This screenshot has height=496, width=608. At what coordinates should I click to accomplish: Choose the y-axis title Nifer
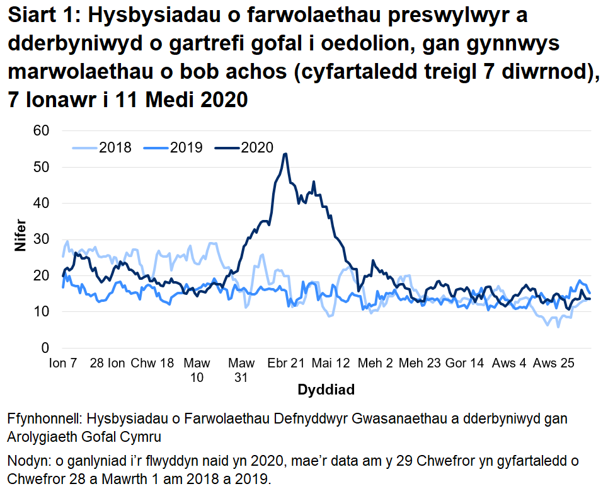pyautogui.click(x=20, y=239)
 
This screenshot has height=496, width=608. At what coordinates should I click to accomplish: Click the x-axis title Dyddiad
pyautogui.click(x=326, y=389)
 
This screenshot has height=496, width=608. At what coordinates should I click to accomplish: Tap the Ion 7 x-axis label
pyautogui.click(x=63, y=364)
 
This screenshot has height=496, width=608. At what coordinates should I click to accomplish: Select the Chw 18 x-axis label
pyautogui.click(x=152, y=364)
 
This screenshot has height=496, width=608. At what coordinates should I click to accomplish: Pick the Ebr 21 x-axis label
pyautogui.click(x=286, y=364)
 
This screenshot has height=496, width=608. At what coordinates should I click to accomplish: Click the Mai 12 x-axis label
pyautogui.click(x=330, y=364)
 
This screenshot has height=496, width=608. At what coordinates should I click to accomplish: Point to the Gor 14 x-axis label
pyautogui.click(x=464, y=364)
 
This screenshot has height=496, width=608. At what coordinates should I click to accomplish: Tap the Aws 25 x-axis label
pyautogui.click(x=553, y=364)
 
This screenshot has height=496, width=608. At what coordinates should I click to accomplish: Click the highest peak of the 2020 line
pyautogui.click(x=286, y=154)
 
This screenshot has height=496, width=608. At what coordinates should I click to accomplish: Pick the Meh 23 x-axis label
pyautogui.click(x=420, y=364)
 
